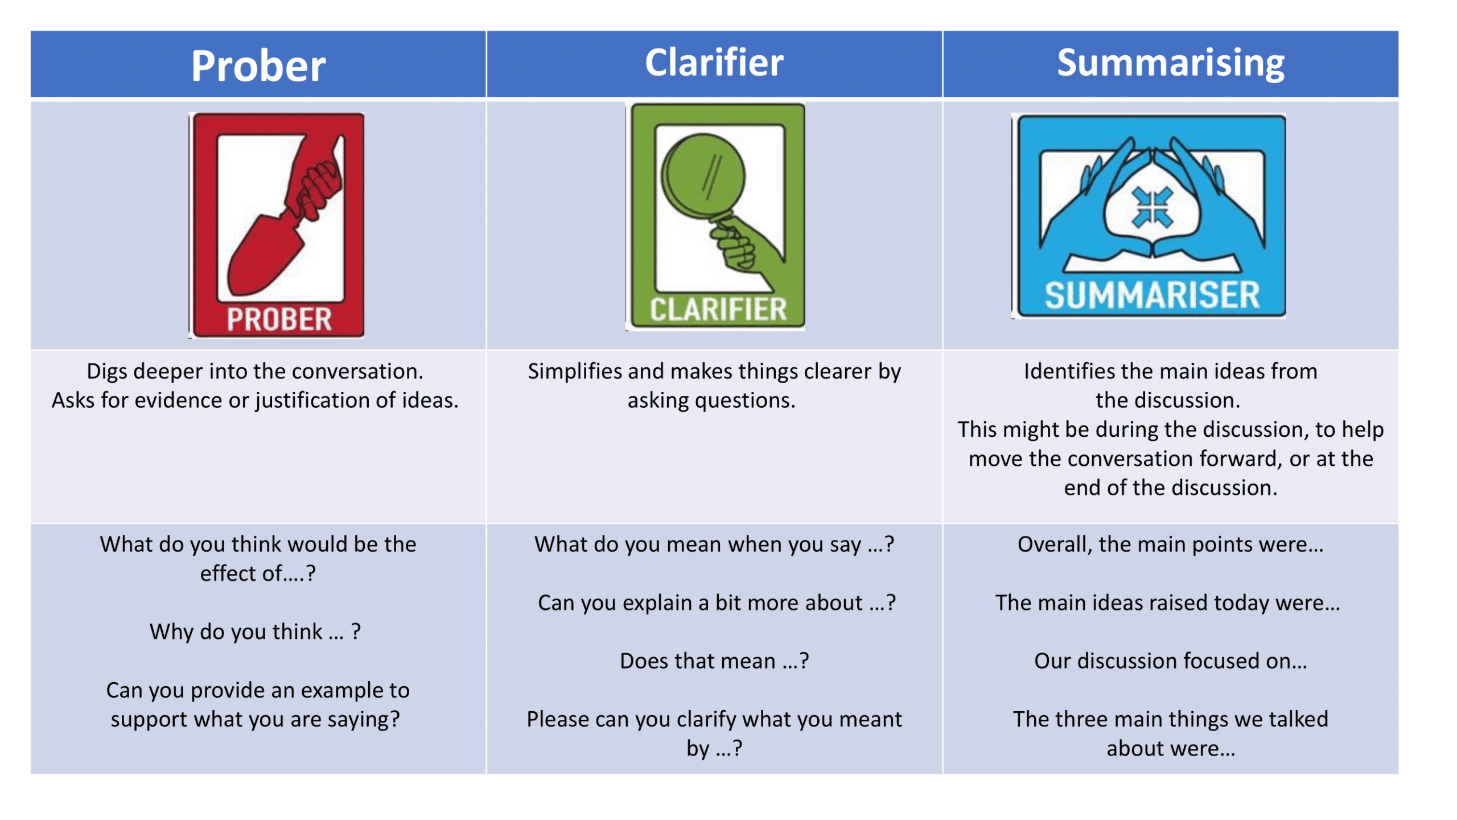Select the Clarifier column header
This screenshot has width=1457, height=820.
pyautogui.click(x=714, y=62)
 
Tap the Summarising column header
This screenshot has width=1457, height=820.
pyautogui.click(x=1170, y=63)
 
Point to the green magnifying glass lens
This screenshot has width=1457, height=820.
pyautogui.click(x=702, y=177)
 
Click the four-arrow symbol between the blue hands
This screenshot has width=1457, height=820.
pyautogui.click(x=1152, y=207)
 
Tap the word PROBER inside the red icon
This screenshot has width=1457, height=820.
pyautogui.click(x=279, y=319)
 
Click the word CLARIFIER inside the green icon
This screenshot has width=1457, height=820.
pyautogui.click(x=718, y=309)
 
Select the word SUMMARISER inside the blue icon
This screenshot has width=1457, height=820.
pyautogui.click(x=1151, y=295)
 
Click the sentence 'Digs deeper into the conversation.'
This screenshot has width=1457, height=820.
pyautogui.click(x=255, y=371)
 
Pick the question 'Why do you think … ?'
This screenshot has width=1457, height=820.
pyautogui.click(x=255, y=631)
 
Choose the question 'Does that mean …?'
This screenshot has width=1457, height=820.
pyautogui.click(x=714, y=660)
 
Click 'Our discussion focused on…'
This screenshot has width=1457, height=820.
pyautogui.click(x=1170, y=660)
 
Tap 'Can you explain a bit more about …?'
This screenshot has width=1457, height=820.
pyautogui.click(x=717, y=602)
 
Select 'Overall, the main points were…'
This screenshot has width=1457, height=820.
pyautogui.click(x=1170, y=544)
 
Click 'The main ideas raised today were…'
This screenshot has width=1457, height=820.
pyautogui.click(x=1167, y=602)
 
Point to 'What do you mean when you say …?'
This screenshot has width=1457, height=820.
pyautogui.click(x=714, y=544)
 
